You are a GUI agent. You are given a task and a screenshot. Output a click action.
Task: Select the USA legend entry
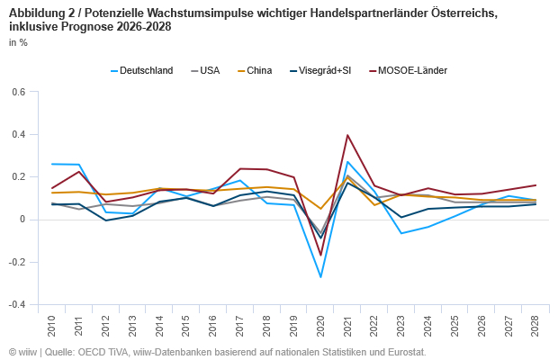click(x=209, y=70)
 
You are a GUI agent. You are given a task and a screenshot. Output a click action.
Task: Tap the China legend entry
click(x=261, y=70)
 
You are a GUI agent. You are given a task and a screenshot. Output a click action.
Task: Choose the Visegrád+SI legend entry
click(x=324, y=70)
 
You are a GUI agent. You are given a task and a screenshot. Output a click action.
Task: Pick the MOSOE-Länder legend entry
click(x=412, y=70)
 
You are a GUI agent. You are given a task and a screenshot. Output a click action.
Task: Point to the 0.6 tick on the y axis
click(x=19, y=92)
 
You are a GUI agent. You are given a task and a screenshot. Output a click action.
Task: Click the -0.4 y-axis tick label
click(x=17, y=304)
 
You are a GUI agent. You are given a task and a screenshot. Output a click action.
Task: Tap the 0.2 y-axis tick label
click(x=19, y=176)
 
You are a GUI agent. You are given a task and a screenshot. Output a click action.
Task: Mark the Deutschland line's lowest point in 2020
click(x=320, y=276)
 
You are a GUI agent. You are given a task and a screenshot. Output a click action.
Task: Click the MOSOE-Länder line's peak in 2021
click(x=347, y=135)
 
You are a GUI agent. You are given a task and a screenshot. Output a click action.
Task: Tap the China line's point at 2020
click(x=320, y=209)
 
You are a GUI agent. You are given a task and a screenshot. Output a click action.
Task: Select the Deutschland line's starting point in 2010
click(x=53, y=164)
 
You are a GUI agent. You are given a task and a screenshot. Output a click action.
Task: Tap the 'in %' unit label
click(x=17, y=42)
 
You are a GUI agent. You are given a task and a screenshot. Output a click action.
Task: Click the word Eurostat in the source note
click(x=404, y=352)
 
